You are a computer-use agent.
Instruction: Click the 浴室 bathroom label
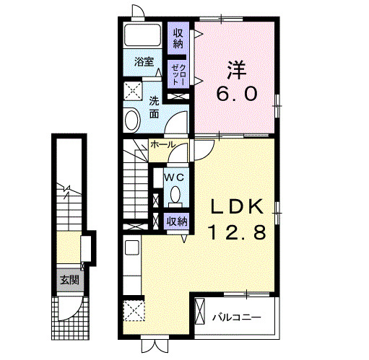[x=144, y=62]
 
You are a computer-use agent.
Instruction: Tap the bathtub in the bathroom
[x=143, y=35]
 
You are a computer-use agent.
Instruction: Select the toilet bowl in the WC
[x=175, y=195]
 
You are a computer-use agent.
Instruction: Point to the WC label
[x=174, y=177]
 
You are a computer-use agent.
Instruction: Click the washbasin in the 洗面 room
[x=132, y=120]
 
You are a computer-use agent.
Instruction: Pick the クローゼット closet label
[x=178, y=74]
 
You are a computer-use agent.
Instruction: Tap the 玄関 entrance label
[x=69, y=280]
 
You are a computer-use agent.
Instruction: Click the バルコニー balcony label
[x=237, y=317]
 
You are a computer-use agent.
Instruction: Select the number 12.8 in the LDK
[x=238, y=232]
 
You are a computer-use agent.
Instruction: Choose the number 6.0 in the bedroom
[x=237, y=94]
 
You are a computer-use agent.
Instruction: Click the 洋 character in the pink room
[x=237, y=70]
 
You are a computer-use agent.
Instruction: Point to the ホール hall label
[x=162, y=144]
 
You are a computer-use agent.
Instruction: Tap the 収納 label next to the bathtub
[x=178, y=38]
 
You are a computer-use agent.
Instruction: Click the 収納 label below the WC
[x=178, y=221]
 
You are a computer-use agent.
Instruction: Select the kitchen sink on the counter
[x=132, y=247]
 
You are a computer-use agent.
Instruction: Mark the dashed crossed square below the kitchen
[x=134, y=310]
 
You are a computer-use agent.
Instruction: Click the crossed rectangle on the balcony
[x=199, y=311]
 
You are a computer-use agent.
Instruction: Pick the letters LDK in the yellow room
[x=237, y=207]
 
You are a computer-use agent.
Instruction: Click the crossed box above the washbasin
[x=133, y=91]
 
